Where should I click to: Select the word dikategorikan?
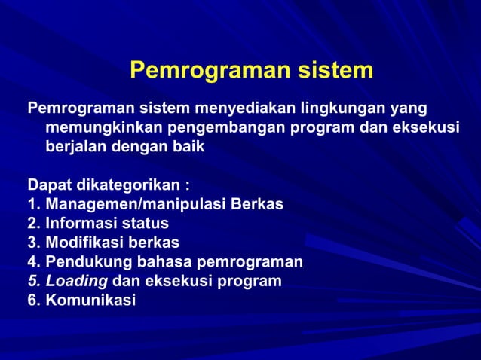[125, 185]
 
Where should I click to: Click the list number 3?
[32, 243]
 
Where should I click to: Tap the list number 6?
[32, 301]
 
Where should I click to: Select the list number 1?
[32, 204]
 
